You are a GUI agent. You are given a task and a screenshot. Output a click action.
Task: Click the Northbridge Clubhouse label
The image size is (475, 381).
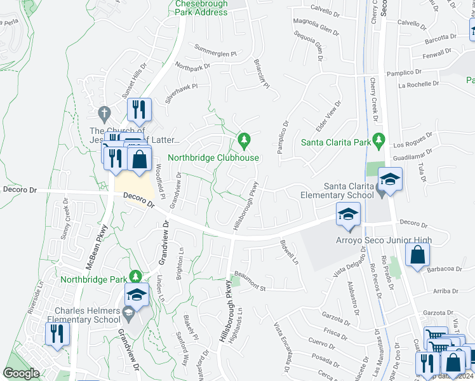pos(213,157)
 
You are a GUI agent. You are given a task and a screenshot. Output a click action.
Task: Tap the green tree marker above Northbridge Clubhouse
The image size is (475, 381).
pos(243,139)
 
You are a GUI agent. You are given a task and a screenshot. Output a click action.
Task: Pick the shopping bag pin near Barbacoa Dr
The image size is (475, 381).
pos(417,257)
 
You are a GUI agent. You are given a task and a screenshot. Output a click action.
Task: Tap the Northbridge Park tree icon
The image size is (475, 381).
pos(134,277)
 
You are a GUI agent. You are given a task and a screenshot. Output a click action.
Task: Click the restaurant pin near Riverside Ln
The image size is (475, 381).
pos(58,334)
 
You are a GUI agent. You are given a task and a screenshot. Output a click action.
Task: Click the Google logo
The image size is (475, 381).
pos(22,374)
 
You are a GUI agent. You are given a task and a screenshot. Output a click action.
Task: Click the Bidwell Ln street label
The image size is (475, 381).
pos(290,252)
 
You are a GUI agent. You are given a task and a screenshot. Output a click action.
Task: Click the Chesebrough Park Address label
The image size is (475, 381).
pos(201,8)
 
